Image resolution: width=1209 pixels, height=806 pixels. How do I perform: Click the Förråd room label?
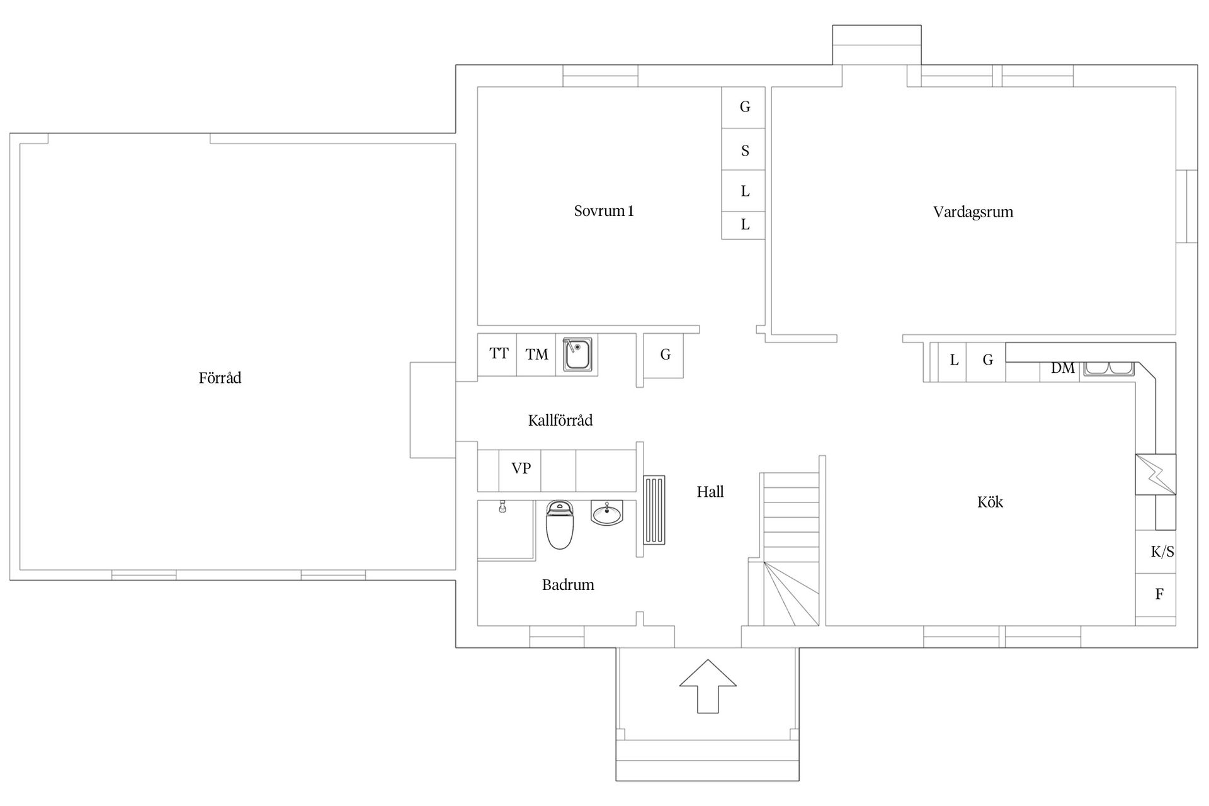220,378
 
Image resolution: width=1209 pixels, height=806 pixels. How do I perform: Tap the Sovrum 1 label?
604,211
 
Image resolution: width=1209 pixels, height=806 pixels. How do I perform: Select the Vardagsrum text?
973,212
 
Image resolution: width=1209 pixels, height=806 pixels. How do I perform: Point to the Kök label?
990,502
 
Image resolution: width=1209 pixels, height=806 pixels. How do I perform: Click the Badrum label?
568,585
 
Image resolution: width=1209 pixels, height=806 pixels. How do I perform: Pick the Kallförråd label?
560,420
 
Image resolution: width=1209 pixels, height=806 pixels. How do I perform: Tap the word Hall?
710,492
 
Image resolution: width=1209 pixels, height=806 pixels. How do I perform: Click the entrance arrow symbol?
708,686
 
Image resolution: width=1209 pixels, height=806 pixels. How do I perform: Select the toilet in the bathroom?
559,525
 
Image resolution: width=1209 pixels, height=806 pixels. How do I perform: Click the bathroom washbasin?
607,513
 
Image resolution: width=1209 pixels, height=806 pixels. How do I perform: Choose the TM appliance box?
536,355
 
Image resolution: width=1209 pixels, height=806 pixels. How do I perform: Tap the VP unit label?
521,468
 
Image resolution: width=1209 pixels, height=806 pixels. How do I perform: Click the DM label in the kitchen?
1063,368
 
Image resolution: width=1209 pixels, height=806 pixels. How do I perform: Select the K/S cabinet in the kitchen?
1155,552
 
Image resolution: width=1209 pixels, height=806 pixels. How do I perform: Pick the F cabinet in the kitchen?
1155,594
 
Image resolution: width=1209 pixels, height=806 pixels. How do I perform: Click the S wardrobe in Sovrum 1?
744,149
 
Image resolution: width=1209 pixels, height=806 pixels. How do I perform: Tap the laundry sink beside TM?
577,355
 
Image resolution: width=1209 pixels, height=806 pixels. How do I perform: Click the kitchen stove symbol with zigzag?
1155,474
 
